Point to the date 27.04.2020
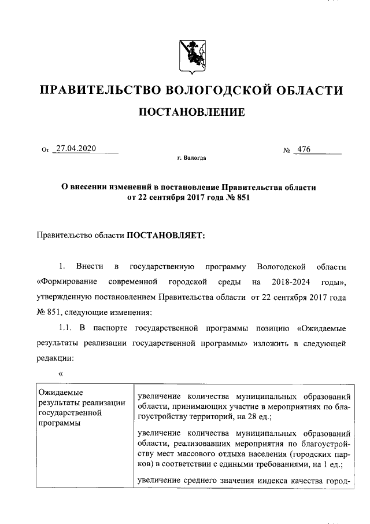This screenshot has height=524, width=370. pos(75,149)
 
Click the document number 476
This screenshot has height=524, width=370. pos(303,149)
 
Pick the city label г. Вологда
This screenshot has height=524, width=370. pos(191,158)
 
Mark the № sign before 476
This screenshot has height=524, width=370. pos(287,151)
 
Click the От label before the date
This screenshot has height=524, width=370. pos(46,151)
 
